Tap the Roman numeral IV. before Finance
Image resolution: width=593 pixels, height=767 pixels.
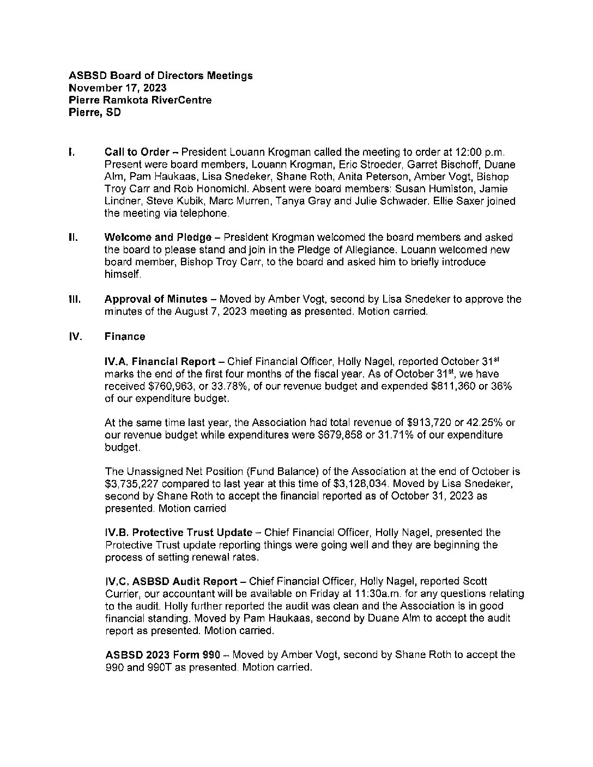tap(75, 337)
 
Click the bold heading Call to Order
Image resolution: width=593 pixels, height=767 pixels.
tap(136, 152)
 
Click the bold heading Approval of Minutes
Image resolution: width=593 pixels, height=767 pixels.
tap(156, 299)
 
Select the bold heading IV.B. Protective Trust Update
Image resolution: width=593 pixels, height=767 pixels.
tap(179, 532)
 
